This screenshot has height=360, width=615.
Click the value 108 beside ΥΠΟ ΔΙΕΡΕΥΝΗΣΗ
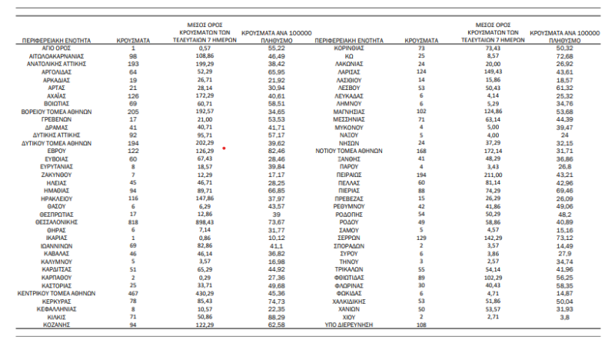tap(421, 325)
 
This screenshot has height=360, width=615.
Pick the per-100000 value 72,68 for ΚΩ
tap(565, 56)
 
